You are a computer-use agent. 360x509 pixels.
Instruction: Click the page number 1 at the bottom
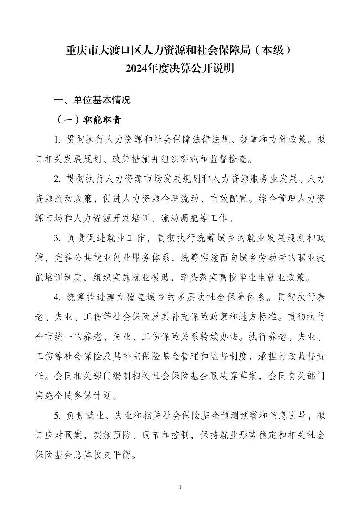(180, 487)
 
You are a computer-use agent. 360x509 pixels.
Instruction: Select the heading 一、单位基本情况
(93, 100)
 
